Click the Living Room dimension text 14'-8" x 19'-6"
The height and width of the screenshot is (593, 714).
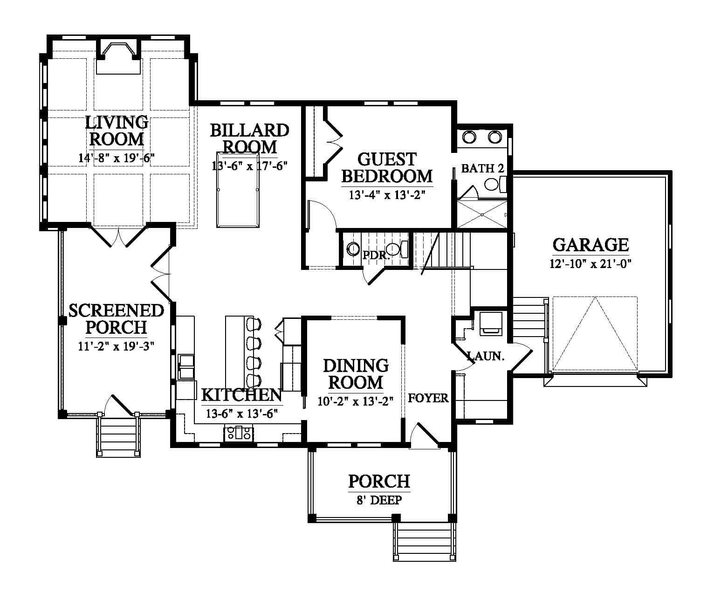click(117, 158)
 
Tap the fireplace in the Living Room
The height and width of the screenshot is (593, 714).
click(118, 58)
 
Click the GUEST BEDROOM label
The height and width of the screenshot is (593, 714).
click(387, 168)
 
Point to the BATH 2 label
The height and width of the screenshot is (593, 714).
click(482, 168)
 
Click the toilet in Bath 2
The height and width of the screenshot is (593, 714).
click(495, 184)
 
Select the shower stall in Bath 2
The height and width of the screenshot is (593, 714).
click(482, 214)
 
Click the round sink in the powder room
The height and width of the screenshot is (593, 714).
click(353, 249)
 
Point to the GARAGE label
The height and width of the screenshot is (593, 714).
click(590, 245)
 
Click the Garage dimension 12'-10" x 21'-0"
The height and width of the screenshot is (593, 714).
click(590, 264)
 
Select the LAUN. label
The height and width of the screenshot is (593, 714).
click(486, 356)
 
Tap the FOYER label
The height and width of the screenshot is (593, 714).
click(428, 398)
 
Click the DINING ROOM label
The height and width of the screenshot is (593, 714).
click(356, 374)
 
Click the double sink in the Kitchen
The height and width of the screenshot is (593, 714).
click(186, 367)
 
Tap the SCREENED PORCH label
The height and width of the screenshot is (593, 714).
click(116, 319)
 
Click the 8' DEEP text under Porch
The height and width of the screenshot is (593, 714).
click(379, 500)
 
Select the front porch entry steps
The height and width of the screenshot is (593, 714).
click(425, 541)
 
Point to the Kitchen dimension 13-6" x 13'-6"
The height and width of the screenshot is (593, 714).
click(242, 414)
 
